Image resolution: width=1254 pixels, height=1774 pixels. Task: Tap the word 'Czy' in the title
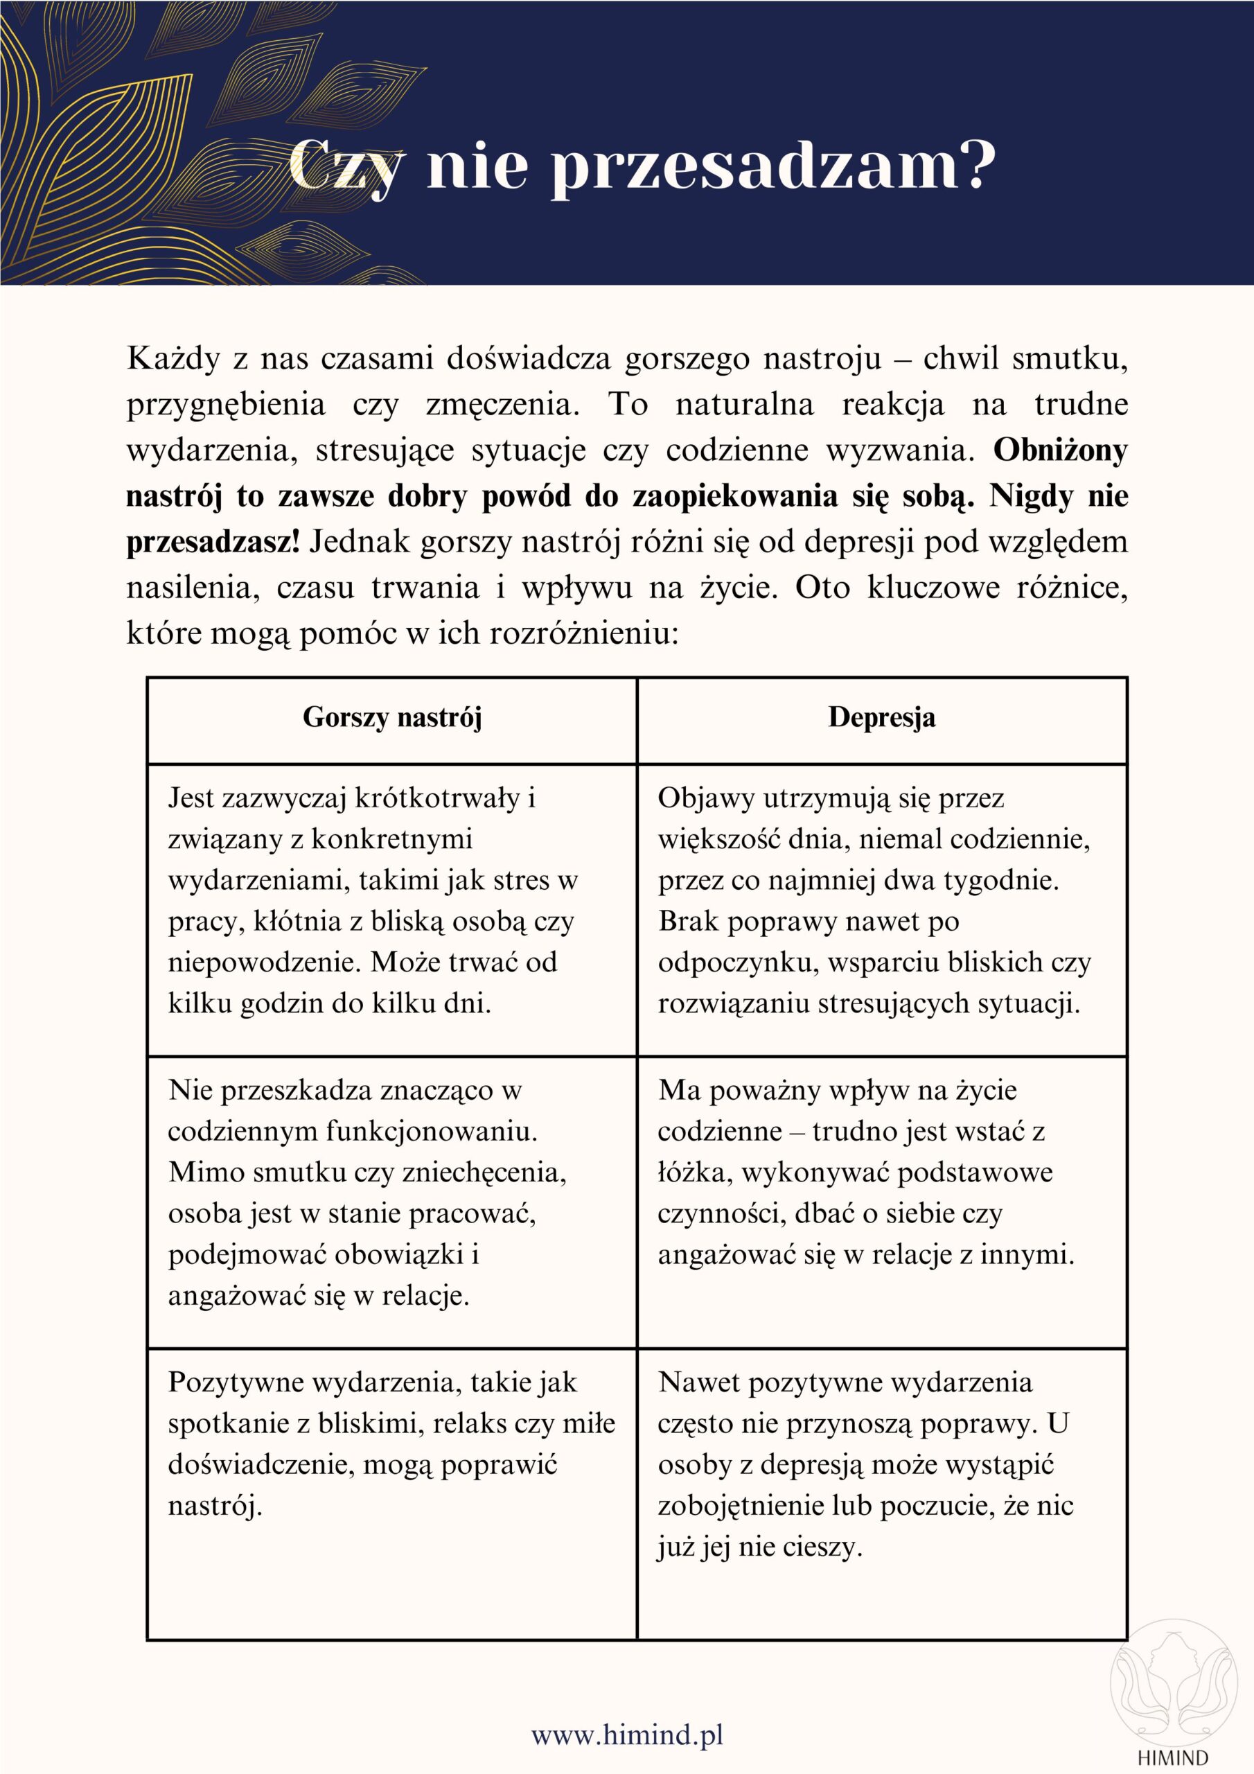346,166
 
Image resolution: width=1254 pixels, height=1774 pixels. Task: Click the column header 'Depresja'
881,717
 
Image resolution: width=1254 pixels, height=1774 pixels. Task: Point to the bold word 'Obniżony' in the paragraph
1060,450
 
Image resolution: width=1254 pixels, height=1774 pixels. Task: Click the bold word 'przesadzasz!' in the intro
213,542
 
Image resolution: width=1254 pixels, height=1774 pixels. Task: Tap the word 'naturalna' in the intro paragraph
744,404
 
